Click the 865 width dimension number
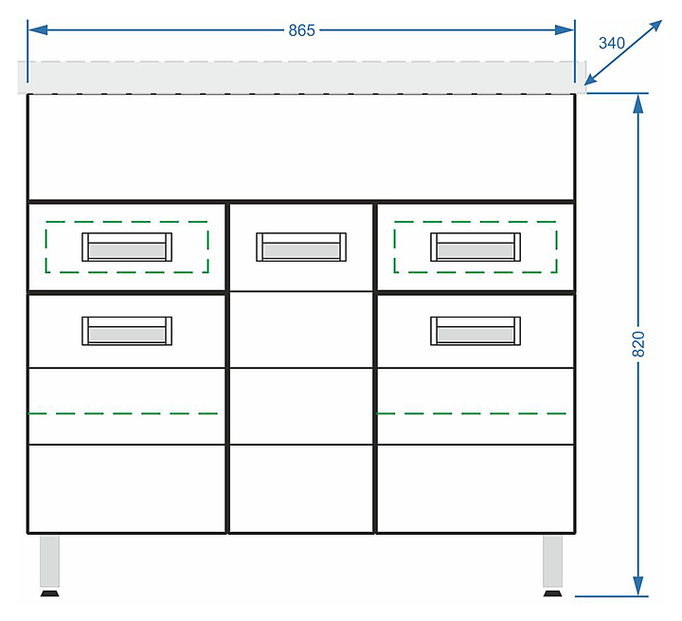[301, 30]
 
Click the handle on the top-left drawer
[127, 247]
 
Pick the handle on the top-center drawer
[301, 247]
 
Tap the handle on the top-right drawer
[476, 247]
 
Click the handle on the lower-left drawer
[127, 331]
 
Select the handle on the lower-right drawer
[476, 331]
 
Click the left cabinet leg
[49, 561]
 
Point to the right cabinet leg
[553, 561]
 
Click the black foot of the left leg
[49, 594]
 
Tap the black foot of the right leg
[553, 594]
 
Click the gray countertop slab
[301, 77]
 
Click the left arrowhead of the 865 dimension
[36, 30]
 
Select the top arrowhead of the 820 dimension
[638, 103]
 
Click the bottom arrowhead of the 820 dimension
[638, 587]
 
